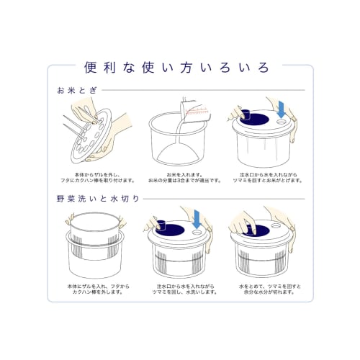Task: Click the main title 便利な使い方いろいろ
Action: click(180, 69)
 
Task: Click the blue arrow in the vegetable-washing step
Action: click(198, 217)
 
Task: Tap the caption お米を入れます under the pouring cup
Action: click(180, 174)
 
